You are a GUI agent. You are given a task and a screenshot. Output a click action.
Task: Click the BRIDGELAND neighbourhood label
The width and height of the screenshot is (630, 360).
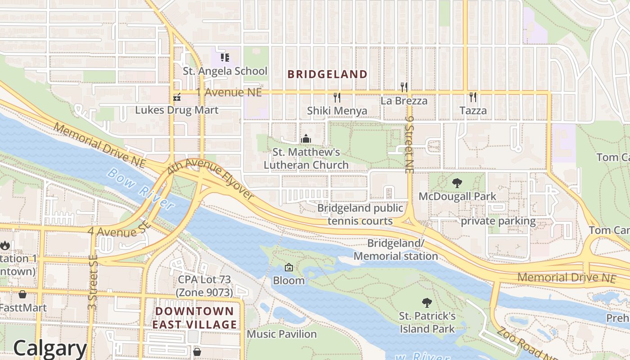(x=327, y=74)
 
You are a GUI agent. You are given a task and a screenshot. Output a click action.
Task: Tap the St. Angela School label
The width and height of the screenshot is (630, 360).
(x=225, y=71)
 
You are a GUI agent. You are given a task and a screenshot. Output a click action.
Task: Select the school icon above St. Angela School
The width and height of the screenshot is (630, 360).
(x=225, y=58)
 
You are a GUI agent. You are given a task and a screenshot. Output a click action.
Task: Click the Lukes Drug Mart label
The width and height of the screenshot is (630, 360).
(x=177, y=110)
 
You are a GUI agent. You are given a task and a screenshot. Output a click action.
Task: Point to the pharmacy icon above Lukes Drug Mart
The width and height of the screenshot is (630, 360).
(x=177, y=97)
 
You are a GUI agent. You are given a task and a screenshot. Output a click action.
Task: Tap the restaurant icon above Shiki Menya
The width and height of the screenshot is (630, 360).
(x=337, y=97)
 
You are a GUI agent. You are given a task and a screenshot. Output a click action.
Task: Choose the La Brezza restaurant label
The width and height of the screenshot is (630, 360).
(x=404, y=101)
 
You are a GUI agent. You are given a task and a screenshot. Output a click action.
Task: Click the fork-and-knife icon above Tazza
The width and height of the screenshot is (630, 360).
(x=473, y=97)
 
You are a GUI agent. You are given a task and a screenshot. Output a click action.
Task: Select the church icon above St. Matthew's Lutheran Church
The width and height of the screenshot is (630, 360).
(x=306, y=139)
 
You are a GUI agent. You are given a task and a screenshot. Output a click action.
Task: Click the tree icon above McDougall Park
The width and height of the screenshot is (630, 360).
(x=457, y=183)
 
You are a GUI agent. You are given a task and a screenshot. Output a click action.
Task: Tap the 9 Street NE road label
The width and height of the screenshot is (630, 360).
(x=409, y=143)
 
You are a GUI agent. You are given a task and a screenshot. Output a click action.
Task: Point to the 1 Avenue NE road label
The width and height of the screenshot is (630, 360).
(x=229, y=92)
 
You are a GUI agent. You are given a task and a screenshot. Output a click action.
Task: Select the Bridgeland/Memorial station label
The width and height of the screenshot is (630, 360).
(x=396, y=250)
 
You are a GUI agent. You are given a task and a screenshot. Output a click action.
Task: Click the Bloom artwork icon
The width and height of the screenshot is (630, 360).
(x=289, y=268)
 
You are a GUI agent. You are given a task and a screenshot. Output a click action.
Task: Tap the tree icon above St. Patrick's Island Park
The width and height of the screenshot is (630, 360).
(x=427, y=303)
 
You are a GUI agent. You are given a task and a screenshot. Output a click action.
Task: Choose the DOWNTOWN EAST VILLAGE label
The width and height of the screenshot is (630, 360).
(x=194, y=318)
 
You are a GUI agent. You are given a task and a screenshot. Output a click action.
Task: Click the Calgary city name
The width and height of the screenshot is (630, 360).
(x=49, y=348)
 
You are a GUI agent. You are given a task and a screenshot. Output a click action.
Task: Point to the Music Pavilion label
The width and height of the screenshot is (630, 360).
(x=282, y=334)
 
